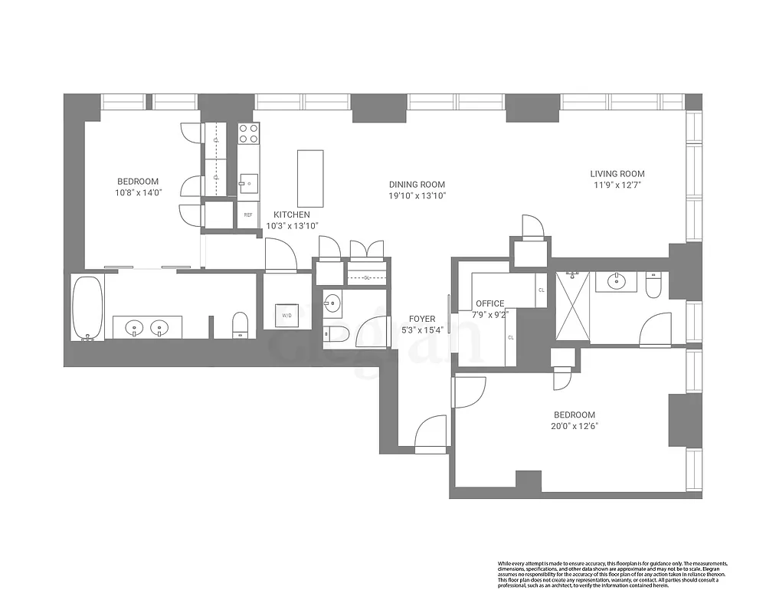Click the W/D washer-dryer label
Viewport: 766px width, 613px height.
287,315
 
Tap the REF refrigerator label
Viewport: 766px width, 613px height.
248,215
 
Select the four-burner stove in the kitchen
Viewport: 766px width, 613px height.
248,134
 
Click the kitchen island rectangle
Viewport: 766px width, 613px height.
310,179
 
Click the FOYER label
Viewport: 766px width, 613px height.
422,319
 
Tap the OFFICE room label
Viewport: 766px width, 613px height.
490,303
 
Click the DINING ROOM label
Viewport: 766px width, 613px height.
417,185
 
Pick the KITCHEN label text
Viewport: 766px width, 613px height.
292,215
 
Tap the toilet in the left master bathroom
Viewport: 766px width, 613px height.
241,324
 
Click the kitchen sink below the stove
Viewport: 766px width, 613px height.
248,182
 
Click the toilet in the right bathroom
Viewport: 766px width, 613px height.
653,287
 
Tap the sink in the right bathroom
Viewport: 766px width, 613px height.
617,282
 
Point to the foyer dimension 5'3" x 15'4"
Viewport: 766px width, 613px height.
422,330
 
